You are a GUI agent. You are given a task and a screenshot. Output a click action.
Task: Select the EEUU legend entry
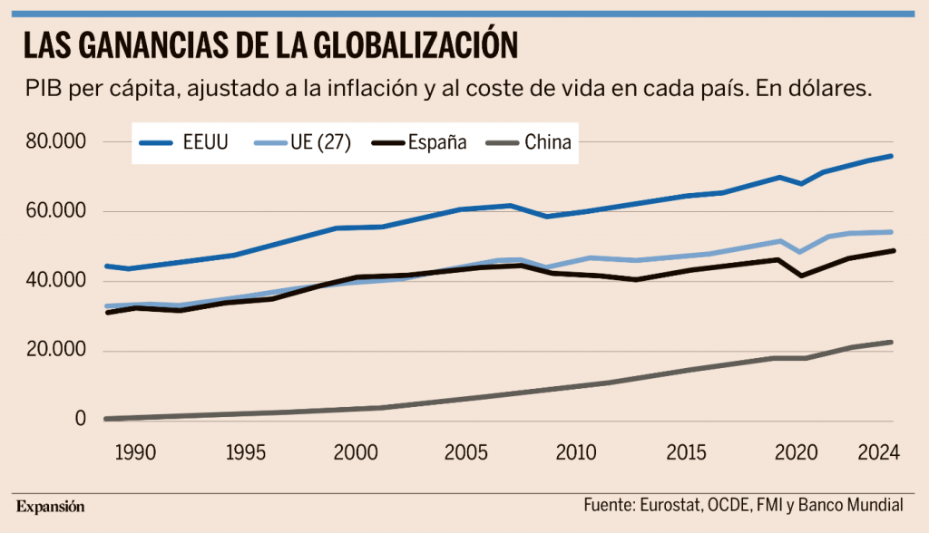coord(185,142)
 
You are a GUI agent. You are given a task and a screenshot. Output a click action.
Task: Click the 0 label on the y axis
coord(81,419)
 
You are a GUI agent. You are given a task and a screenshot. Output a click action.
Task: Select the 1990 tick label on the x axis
coord(135,452)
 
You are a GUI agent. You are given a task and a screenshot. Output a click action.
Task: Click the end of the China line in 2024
coord(892,343)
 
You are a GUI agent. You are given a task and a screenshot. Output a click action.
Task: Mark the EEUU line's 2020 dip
coord(801,184)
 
